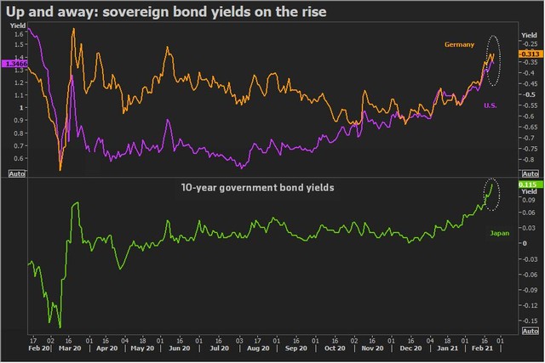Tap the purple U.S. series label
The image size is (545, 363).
(x=490, y=105)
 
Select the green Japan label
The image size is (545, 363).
(x=500, y=232)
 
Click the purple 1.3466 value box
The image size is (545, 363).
(x=15, y=64)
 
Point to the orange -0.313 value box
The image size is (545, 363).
(x=528, y=51)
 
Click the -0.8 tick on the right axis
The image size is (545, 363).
(x=529, y=158)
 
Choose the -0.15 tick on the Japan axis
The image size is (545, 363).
(x=529, y=320)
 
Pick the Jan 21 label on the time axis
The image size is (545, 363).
(x=447, y=349)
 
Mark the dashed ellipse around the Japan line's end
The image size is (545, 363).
(x=491, y=195)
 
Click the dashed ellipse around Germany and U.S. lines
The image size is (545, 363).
(x=493, y=60)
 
